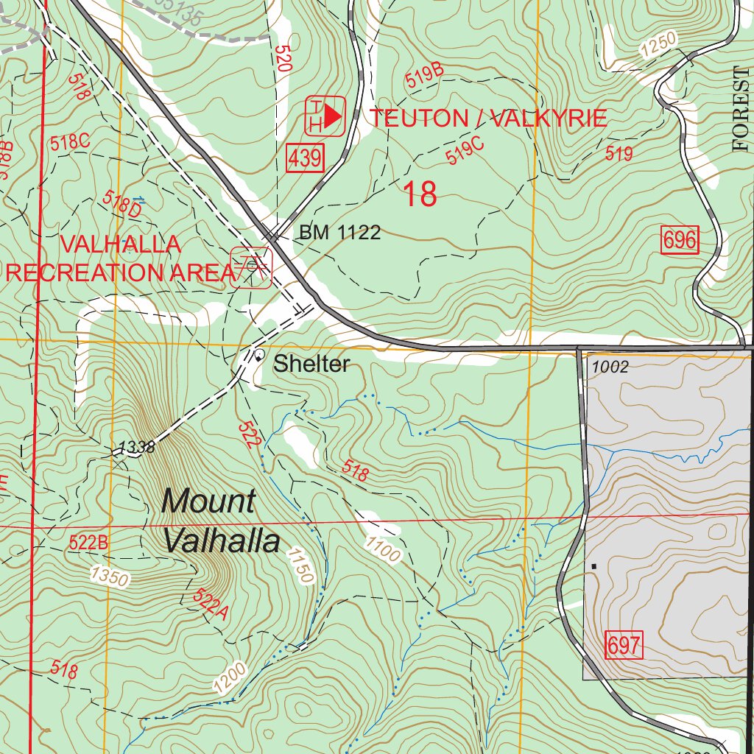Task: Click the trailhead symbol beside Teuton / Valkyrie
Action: click(325, 116)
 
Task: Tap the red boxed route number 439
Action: click(305, 158)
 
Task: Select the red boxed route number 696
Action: click(680, 241)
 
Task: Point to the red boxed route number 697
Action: click(624, 645)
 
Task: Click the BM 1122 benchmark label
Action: click(339, 233)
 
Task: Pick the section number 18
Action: click(420, 195)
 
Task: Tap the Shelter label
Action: click(311, 364)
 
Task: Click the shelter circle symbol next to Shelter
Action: click(259, 356)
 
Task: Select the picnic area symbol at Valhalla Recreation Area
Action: click(251, 265)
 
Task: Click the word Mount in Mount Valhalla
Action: click(208, 501)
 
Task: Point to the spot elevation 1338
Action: click(136, 447)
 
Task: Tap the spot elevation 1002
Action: click(610, 367)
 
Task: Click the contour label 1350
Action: click(110, 576)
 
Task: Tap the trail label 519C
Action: click(465, 151)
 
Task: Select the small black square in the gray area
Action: click(593, 566)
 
